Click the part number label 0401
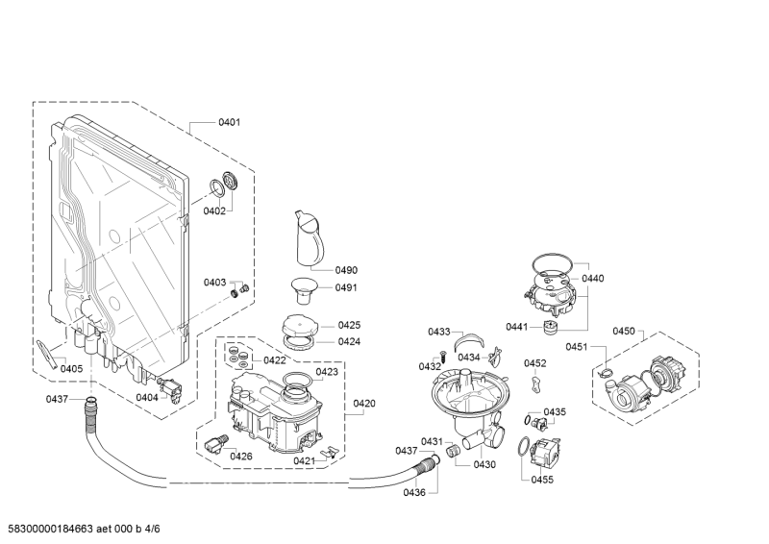point(229,122)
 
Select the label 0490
point(346,270)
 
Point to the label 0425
point(349,325)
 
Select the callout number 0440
point(593,279)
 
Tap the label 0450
point(624,331)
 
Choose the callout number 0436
point(414,493)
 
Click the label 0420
point(364,403)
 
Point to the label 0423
point(327,371)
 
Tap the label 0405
point(71,368)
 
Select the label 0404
point(146,397)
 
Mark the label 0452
point(534,363)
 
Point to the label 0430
point(484,464)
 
